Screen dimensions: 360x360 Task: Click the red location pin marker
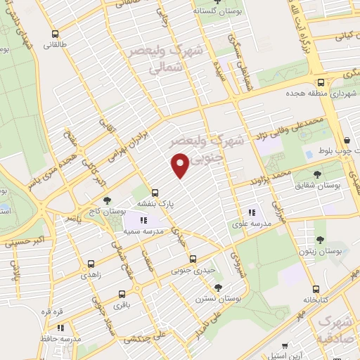(181, 166)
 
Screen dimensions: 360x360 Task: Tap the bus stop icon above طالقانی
(55, 33)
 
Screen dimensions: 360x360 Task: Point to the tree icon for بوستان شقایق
(317, 174)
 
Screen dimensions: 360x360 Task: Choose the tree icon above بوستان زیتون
(320, 240)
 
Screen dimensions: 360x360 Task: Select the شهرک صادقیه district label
(335, 328)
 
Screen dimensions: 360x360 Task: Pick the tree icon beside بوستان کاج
(107, 201)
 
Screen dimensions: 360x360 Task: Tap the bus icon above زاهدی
(91, 265)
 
